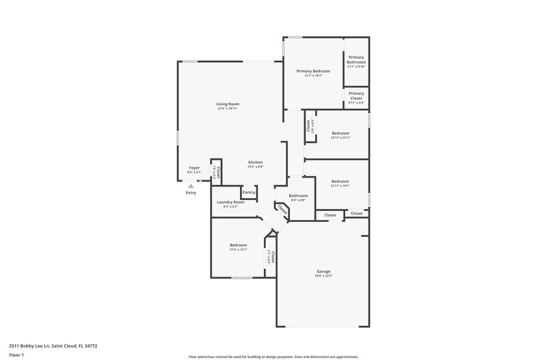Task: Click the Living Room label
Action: tap(228, 104)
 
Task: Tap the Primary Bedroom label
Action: tap(313, 71)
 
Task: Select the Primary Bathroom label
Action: tap(356, 59)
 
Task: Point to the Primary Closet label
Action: tap(356, 96)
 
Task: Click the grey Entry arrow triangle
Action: tap(191, 185)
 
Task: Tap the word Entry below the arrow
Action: tap(191, 193)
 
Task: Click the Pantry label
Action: tap(249, 192)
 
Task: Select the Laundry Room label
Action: tap(230, 202)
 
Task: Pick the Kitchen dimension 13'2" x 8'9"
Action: tap(256, 167)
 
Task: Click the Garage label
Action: tap(323, 271)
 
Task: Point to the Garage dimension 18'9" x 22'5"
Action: tap(323, 276)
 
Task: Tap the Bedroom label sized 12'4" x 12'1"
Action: tap(238, 244)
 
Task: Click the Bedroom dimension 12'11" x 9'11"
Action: tap(341, 137)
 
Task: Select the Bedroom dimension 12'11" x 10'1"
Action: tap(341, 185)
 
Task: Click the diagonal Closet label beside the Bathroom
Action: tap(282, 210)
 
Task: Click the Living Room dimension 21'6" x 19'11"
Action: tap(228, 109)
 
